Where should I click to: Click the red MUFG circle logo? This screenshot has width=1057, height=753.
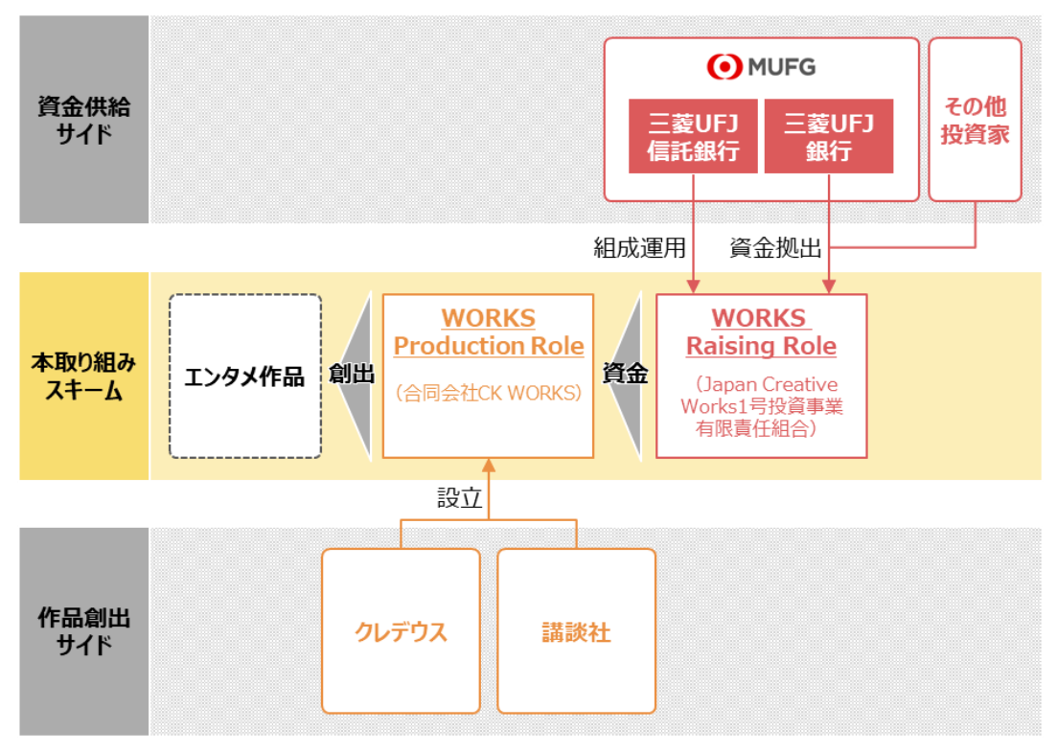[724, 67]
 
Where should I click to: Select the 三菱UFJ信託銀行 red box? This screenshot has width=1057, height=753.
[693, 136]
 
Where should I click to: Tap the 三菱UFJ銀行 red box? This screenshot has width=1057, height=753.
[829, 136]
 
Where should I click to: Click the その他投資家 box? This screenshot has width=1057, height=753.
[975, 120]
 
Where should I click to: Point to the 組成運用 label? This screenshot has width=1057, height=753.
[639, 248]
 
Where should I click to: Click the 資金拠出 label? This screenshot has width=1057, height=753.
[775, 248]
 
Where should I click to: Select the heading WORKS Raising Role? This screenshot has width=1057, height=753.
[761, 331]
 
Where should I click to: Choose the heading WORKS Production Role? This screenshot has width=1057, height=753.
[489, 331]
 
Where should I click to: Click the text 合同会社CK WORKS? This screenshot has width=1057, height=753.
[489, 393]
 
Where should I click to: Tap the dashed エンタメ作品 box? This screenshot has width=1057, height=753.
[245, 376]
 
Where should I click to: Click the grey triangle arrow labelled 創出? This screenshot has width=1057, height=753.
[355, 376]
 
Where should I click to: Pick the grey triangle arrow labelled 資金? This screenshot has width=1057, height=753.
[625, 376]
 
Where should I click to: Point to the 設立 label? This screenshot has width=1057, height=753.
[460, 498]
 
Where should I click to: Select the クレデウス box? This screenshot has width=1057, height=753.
[402, 631]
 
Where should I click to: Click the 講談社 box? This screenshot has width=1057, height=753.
[576, 631]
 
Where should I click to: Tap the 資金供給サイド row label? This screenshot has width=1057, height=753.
[83, 120]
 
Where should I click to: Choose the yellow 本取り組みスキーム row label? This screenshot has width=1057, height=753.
[83, 376]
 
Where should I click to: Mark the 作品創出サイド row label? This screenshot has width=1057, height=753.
[83, 631]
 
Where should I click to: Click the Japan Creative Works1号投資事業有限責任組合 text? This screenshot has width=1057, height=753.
[762, 406]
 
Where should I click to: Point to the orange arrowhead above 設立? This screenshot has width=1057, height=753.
[489, 465]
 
